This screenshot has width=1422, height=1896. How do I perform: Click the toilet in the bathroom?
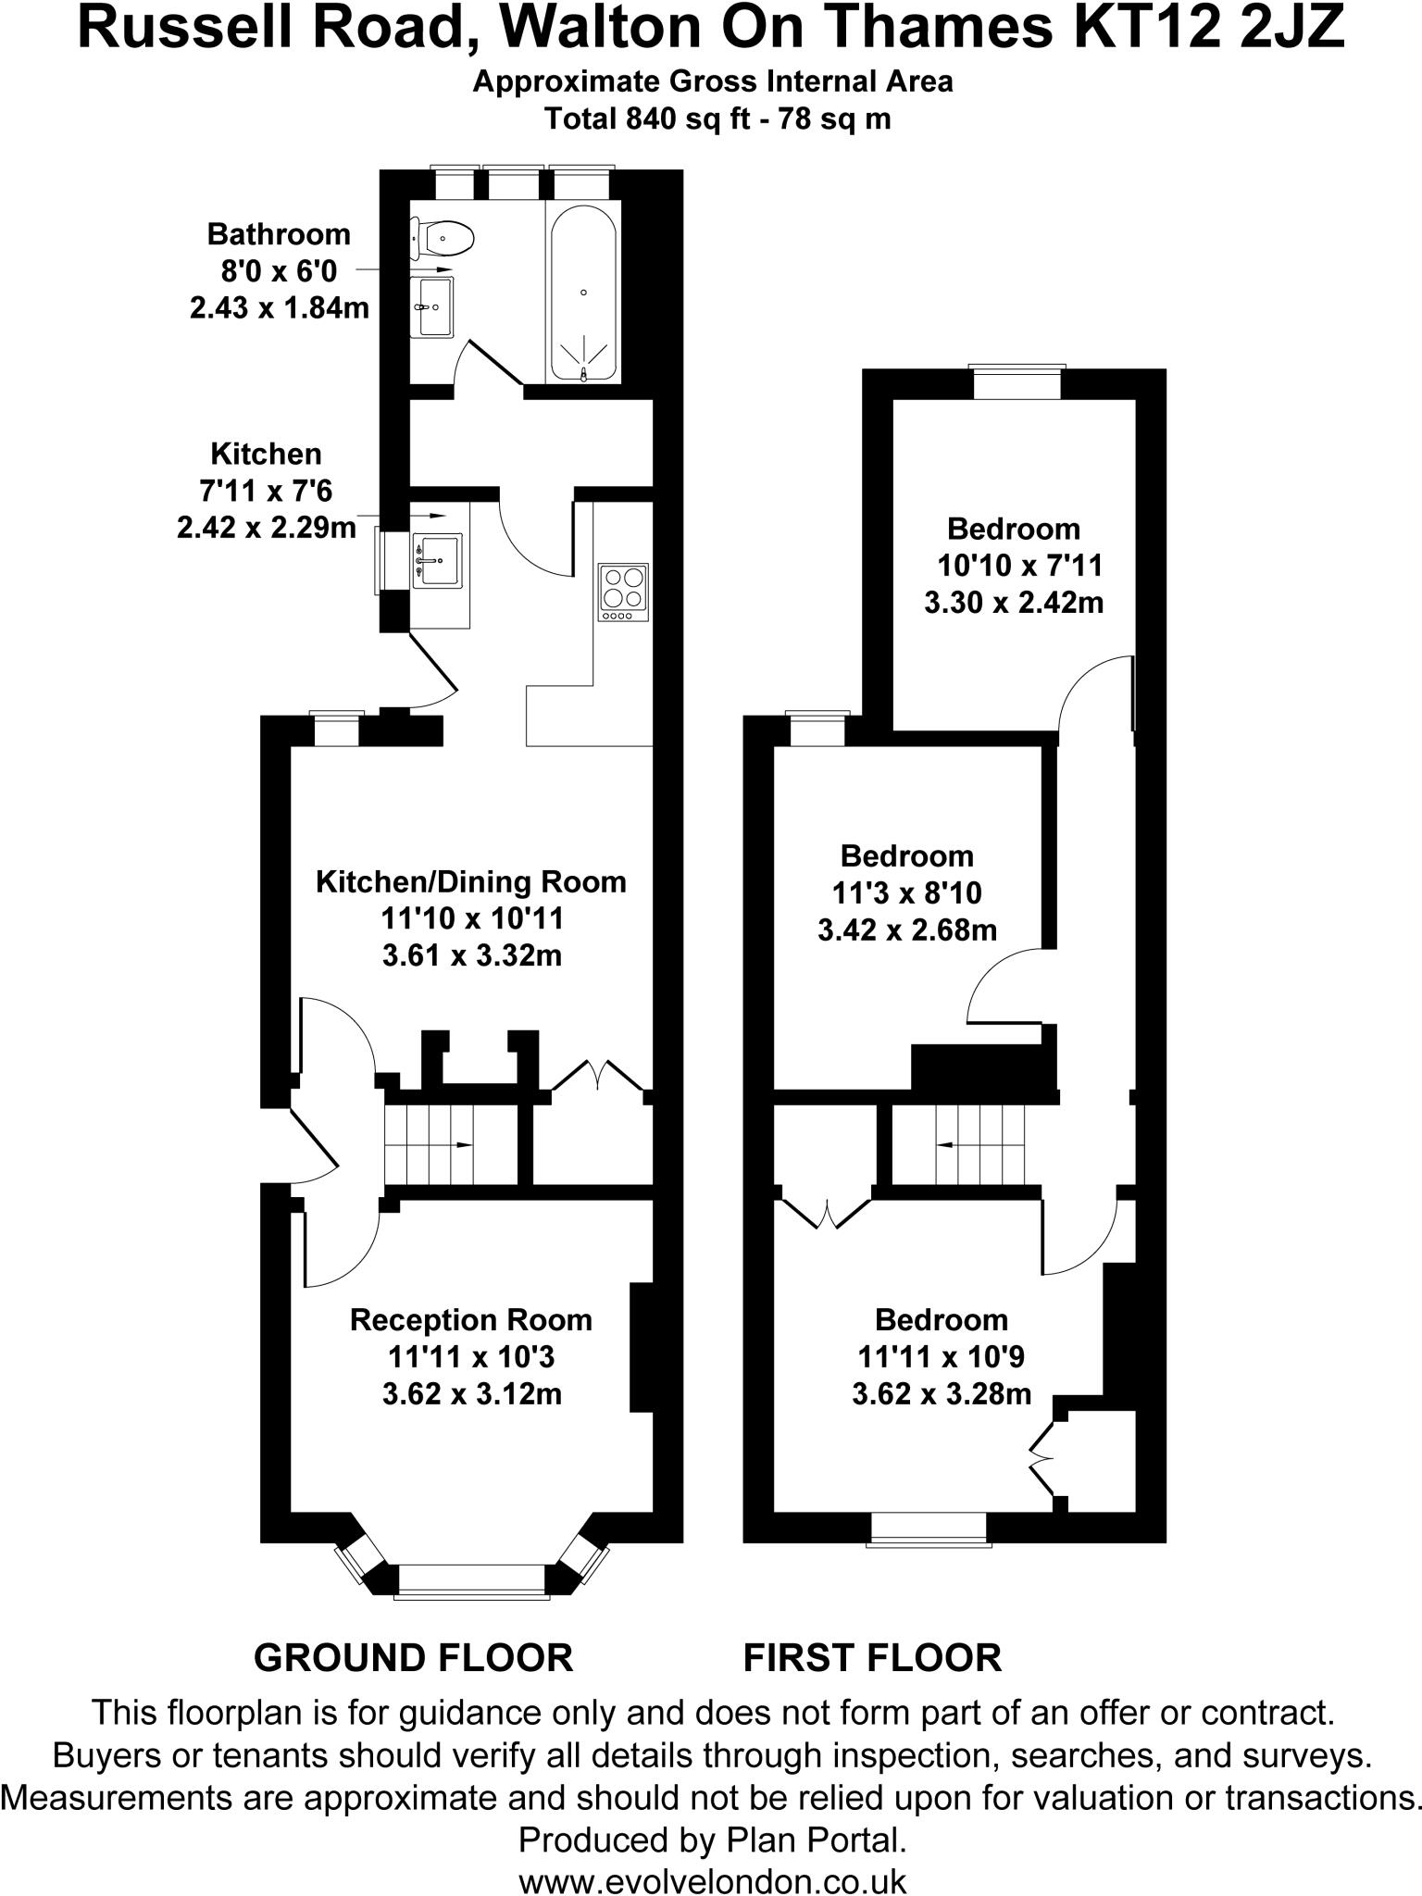click(x=445, y=238)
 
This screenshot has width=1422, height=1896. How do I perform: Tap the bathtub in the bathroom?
click(x=583, y=292)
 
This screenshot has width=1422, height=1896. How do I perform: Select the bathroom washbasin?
click(x=433, y=306)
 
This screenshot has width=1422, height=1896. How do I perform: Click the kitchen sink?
click(x=437, y=560)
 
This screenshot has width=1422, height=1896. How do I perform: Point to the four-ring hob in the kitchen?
click(x=624, y=592)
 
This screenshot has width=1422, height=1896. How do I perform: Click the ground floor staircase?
click(x=430, y=1144)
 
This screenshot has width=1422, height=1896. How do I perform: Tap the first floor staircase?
click(x=979, y=1144)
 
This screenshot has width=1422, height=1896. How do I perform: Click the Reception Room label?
click(x=471, y=1319)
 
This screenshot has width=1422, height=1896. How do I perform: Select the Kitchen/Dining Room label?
click(x=471, y=881)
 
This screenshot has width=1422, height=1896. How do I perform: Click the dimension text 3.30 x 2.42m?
click(x=1014, y=603)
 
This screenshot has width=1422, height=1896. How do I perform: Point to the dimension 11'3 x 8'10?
click(x=906, y=892)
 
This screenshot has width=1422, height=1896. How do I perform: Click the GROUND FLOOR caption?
click(x=413, y=1657)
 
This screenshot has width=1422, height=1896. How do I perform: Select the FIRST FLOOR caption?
click(x=872, y=1657)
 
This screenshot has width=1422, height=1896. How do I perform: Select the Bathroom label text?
click(x=279, y=234)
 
